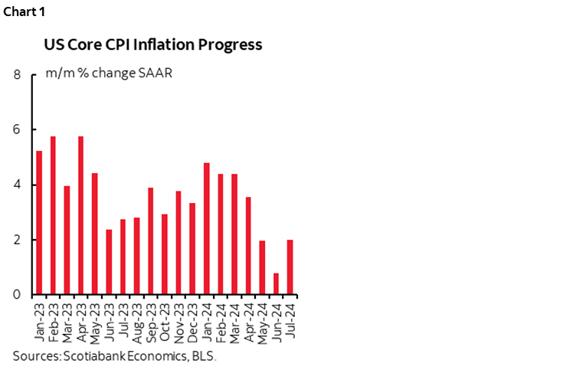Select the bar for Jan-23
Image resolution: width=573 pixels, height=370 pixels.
pos(39,223)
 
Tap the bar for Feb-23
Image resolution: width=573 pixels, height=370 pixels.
pos(53,215)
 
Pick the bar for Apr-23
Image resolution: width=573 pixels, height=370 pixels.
pos(80,215)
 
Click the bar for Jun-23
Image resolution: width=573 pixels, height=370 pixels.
pos(109,262)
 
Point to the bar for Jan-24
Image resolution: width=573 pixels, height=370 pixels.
pos(206,229)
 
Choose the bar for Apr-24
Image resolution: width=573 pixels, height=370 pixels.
pos(247,246)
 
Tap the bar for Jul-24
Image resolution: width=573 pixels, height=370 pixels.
pos(290,267)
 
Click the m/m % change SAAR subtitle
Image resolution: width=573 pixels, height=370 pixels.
pos(109,74)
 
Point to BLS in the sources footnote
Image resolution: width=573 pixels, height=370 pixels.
pos(205,356)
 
